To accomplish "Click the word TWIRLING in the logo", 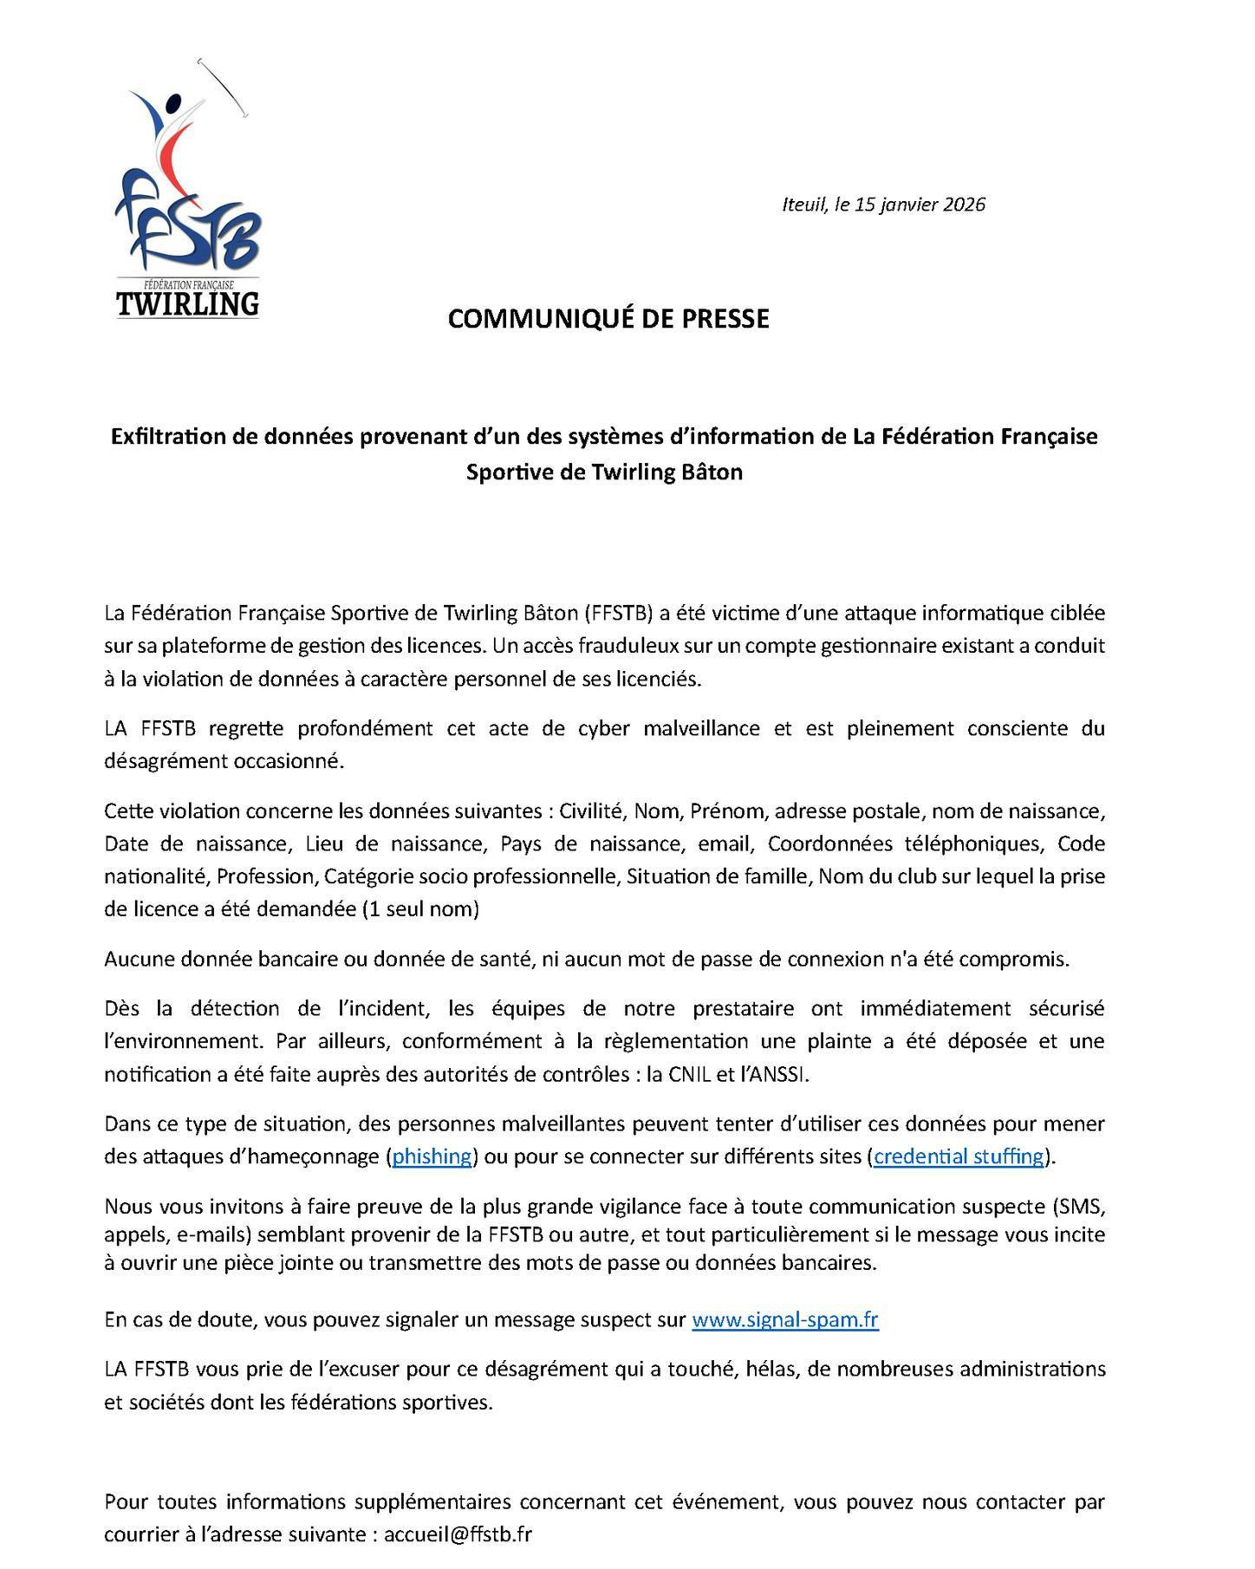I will pos(187,303).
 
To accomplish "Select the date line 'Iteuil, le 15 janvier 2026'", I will pos(883,205).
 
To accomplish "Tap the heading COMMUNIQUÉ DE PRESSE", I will pos(608,319).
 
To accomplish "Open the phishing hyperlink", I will pos(432,1156).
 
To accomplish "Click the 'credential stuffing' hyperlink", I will pos(958,1156).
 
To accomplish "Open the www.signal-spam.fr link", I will pos(784,1320).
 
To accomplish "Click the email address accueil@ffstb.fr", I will pos(458,1533).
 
